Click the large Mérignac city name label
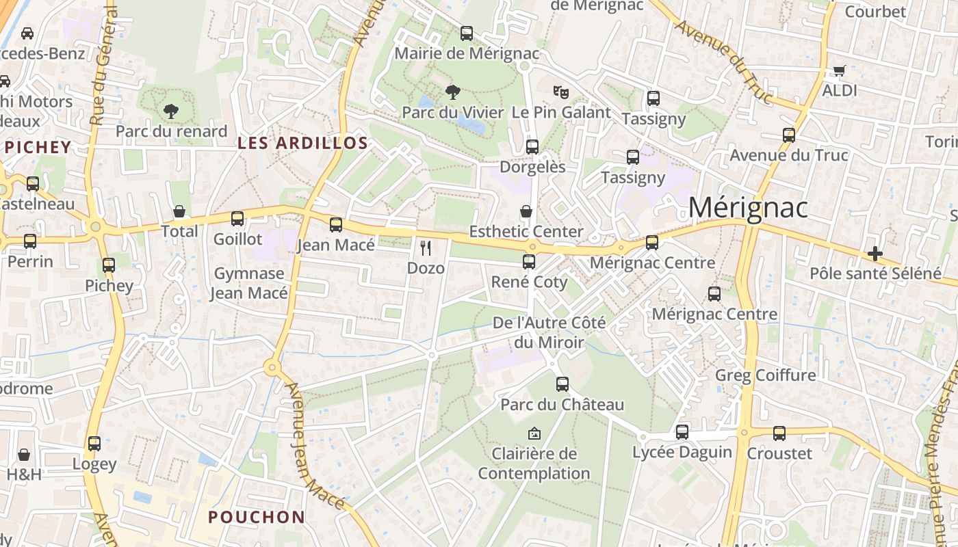coord(748,208)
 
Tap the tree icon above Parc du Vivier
coord(452,92)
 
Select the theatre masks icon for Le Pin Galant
coord(561,92)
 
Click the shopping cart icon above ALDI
coord(840,70)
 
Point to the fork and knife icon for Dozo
coord(426,248)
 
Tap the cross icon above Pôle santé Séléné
coord(875,254)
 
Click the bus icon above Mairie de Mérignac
coord(467,33)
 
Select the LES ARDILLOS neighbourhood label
coord(302,144)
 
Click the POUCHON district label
coord(257,517)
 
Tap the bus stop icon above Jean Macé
coord(336,224)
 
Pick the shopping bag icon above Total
coord(179,211)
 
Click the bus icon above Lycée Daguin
coord(682,432)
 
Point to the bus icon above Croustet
coord(779,433)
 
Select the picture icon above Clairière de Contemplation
coord(534,433)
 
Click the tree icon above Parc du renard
coord(171,111)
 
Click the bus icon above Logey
coord(94,444)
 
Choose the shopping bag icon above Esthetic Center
coord(526,211)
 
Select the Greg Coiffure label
coord(765,375)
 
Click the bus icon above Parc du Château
coord(562,384)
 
